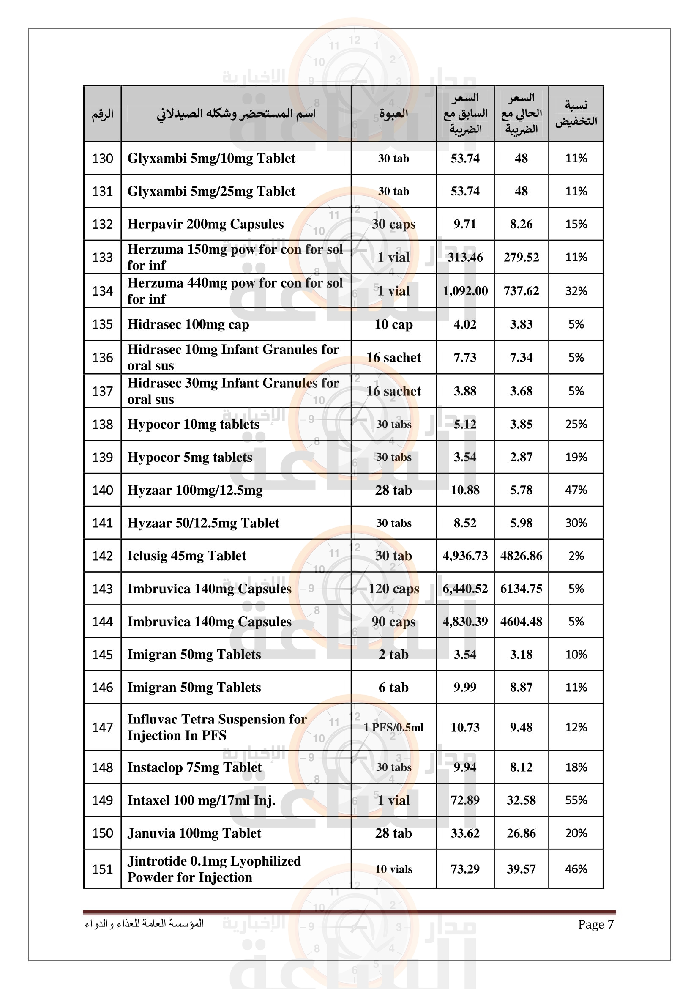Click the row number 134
(102, 291)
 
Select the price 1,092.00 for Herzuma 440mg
(465, 291)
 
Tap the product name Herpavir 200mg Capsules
(205, 224)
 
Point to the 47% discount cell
(576, 490)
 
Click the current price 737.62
(521, 291)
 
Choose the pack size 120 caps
(393, 589)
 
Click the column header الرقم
(102, 114)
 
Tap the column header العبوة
(393, 114)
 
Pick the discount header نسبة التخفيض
(576, 114)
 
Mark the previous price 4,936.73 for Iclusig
(465, 556)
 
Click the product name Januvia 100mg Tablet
(194, 833)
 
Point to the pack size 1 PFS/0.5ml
(393, 728)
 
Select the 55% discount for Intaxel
(576, 800)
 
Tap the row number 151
(102, 869)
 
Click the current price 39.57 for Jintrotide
(521, 869)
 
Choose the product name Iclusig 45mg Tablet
(187, 556)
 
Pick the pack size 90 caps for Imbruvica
(393, 622)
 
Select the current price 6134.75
(521, 589)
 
